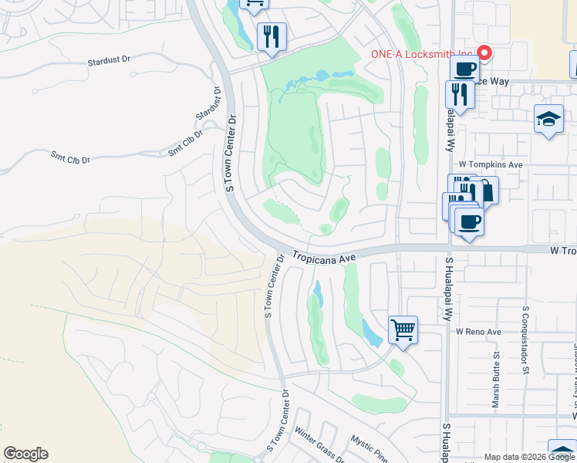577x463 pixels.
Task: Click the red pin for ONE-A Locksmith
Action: (x=484, y=53)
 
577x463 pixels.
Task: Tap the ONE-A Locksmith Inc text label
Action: (x=423, y=54)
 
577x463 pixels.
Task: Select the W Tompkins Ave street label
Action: (x=491, y=164)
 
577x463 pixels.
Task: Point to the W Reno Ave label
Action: (x=478, y=332)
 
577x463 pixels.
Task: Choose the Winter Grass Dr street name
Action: (x=318, y=445)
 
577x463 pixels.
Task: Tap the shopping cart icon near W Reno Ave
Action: (x=403, y=330)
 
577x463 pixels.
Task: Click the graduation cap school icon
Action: (x=548, y=119)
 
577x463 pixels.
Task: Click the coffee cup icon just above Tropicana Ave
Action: (x=468, y=222)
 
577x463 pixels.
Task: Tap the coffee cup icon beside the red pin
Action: (x=464, y=69)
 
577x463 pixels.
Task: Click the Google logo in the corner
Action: (x=25, y=454)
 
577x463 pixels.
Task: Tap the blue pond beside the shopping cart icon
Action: (x=372, y=332)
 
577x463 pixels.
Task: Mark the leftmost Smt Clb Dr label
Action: (x=70, y=157)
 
